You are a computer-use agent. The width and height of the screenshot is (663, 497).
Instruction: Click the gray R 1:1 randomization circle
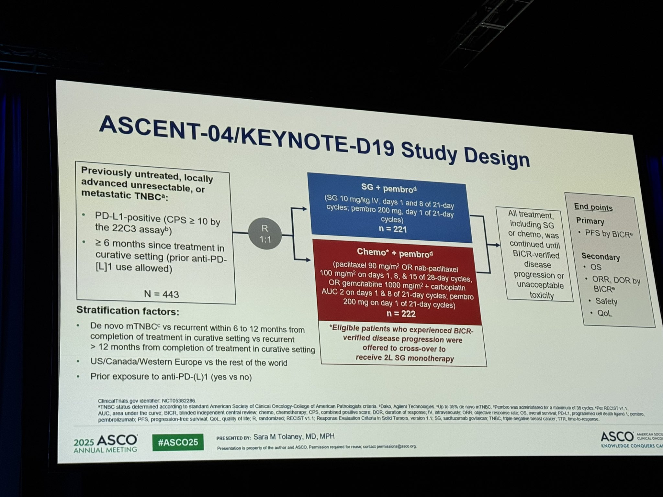tap(265, 234)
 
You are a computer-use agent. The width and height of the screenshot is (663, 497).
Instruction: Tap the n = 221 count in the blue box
tap(393, 229)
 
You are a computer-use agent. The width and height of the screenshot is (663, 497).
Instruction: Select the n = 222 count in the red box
tap(401, 314)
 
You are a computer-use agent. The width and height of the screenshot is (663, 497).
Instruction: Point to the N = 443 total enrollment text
tap(161, 294)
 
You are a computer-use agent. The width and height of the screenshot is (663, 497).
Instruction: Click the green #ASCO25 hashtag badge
tap(178, 442)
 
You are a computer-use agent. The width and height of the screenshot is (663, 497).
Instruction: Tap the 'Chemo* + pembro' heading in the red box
tap(394, 253)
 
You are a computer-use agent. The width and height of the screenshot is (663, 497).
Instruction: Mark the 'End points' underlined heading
tap(593, 207)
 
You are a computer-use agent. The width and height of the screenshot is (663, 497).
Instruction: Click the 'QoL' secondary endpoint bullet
tap(604, 313)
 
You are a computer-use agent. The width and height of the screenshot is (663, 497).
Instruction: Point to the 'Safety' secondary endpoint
tap(606, 301)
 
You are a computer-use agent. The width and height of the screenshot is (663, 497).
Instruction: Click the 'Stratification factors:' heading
tap(128, 311)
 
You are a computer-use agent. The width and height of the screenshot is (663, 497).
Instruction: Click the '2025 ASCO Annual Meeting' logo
tap(106, 443)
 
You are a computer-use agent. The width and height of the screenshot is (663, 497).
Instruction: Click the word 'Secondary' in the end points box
tap(600, 257)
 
